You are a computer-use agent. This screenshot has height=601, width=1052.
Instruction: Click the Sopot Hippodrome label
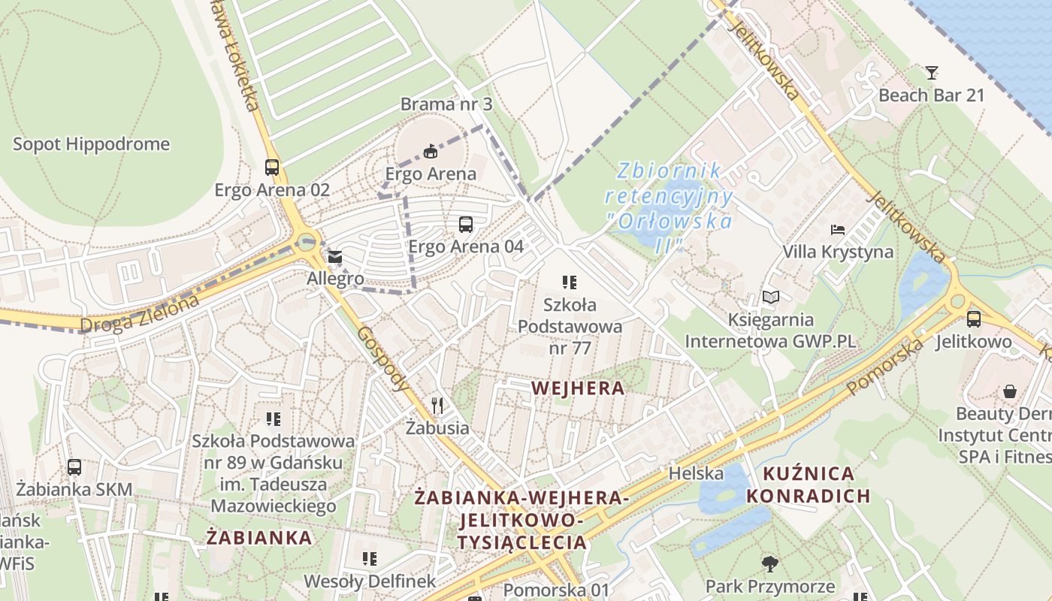(x=91, y=143)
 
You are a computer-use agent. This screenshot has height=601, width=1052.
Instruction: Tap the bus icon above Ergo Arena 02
(x=272, y=168)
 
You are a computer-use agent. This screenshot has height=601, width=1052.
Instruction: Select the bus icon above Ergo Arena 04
(x=466, y=224)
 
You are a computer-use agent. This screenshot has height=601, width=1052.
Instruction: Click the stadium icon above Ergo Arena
(x=431, y=152)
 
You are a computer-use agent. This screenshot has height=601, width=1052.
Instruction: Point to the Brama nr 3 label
(x=446, y=104)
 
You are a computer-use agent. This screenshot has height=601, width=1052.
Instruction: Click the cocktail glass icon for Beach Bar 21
(x=932, y=73)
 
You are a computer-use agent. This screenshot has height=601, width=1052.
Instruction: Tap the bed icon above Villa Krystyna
(x=838, y=229)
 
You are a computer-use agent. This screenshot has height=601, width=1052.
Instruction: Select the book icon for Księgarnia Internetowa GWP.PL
(x=770, y=297)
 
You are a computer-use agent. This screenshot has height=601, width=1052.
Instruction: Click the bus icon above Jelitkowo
(x=974, y=319)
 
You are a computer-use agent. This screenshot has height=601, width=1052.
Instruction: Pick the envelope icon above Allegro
(x=335, y=257)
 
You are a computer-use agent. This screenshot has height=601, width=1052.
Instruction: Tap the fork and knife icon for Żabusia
(x=437, y=406)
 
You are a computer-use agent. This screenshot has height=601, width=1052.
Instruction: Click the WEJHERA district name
(x=577, y=388)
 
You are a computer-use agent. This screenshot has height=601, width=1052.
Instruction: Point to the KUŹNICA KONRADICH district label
(x=809, y=485)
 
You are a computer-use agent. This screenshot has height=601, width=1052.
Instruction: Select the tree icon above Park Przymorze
(x=769, y=563)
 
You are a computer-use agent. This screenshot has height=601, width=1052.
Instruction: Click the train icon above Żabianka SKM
(x=74, y=467)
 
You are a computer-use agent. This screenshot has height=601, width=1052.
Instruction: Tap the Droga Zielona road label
(x=140, y=314)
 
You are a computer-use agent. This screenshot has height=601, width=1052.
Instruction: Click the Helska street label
(x=696, y=473)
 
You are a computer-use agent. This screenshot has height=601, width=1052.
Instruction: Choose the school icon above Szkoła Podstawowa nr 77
(x=570, y=282)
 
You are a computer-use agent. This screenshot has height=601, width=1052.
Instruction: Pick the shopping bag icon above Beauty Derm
(x=1010, y=391)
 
